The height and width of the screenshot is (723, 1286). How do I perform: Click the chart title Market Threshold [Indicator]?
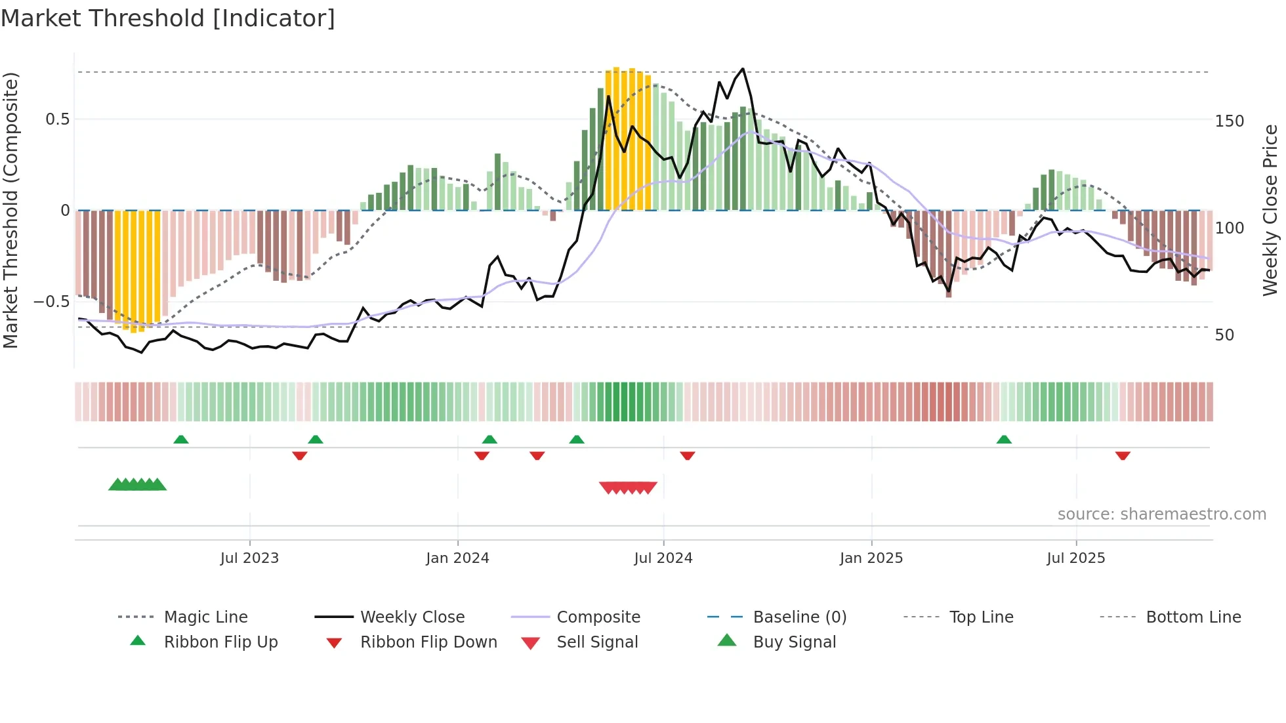pos(168,18)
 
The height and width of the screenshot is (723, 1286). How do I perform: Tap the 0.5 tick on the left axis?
pos(57,119)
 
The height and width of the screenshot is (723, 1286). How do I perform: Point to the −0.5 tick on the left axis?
pos(52,302)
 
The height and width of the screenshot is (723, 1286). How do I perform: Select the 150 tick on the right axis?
pos(1229,121)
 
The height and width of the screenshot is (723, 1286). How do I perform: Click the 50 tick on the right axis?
pos(1224,335)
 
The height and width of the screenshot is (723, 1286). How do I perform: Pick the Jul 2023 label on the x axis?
pos(249,558)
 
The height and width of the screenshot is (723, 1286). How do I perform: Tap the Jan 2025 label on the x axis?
pos(871,558)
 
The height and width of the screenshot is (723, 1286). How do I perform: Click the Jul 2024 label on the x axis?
pos(663,558)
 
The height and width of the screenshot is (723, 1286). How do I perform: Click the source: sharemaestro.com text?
pos(1161,514)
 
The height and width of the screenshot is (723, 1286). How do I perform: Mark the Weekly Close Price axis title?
pos(1270,210)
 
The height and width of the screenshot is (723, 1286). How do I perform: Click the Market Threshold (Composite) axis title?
pos(10,210)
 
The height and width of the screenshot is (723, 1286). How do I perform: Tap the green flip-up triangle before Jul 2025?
pos(1004,440)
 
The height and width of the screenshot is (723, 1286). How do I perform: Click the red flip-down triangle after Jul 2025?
pos(1123,455)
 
